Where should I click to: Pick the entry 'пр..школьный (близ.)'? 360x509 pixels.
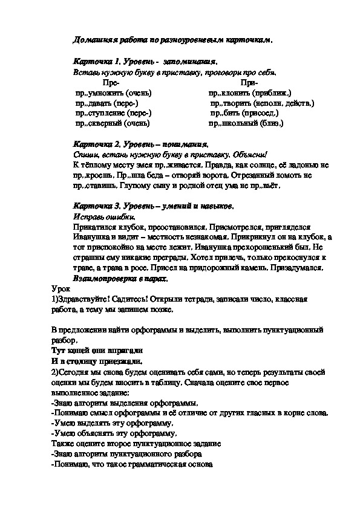point(246,123)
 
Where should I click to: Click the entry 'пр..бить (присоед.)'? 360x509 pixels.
point(244,113)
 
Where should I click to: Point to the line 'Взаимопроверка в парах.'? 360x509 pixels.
point(120,279)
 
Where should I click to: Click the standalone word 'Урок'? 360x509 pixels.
point(62,290)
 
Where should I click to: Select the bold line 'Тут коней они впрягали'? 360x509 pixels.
point(97,350)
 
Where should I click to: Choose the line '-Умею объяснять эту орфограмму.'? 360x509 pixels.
point(115,433)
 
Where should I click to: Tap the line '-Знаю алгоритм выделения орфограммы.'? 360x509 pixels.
point(125,403)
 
